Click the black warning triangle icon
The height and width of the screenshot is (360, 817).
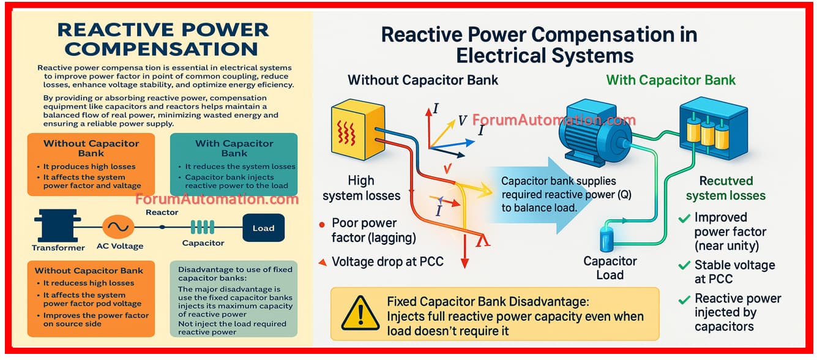click(360, 313)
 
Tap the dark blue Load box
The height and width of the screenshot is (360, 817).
click(263, 228)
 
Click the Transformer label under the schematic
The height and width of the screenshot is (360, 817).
click(58, 247)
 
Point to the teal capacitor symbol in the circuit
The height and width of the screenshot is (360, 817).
click(202, 228)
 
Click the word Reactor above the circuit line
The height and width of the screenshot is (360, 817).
click(162, 212)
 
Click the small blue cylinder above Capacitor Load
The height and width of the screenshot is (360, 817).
click(608, 239)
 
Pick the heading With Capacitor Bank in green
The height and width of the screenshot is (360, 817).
click(671, 80)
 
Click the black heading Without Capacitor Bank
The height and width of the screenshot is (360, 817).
click(423, 80)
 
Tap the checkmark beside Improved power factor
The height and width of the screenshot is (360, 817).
click(684, 218)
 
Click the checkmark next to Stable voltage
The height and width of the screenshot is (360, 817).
click(684, 266)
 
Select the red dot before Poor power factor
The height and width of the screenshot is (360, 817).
click(322, 224)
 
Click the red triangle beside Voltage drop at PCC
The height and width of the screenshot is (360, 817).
click(322, 263)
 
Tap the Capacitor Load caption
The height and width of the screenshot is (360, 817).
click(610, 268)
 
